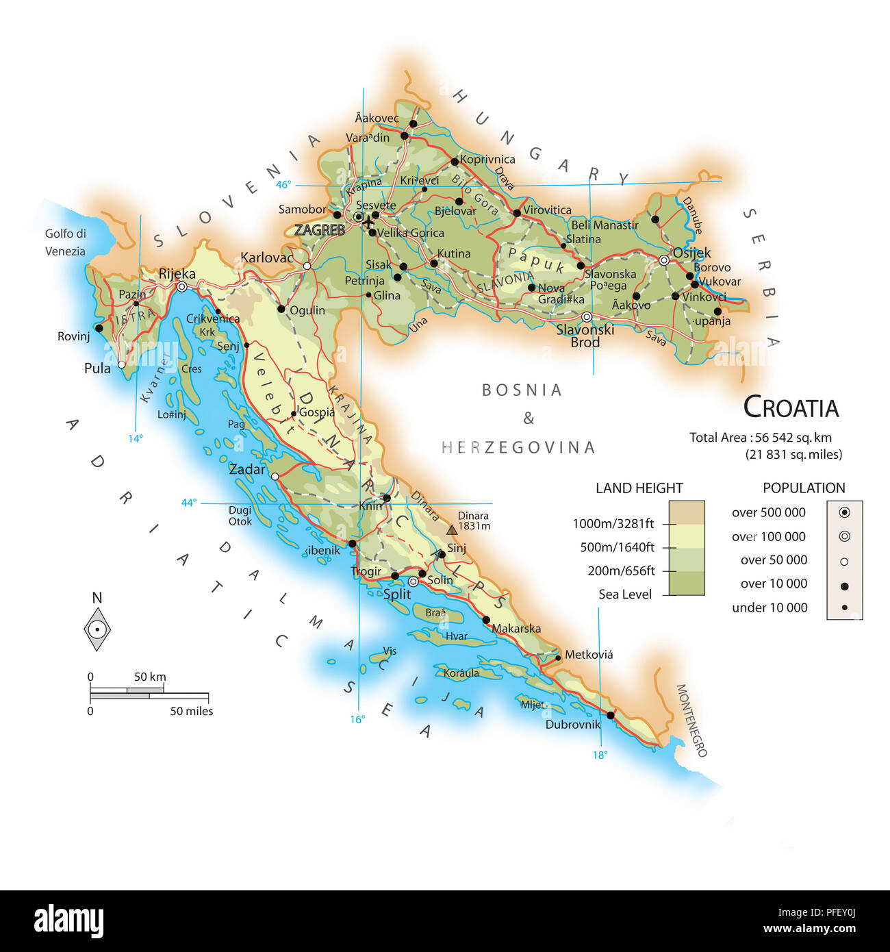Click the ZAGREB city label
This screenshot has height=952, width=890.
320,230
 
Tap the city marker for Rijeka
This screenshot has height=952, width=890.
181,287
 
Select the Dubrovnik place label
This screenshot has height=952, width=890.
572,724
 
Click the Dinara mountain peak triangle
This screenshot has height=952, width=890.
452,529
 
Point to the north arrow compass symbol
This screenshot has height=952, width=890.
97,629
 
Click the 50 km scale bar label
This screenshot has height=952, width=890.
149,677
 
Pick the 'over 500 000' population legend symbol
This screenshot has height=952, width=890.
844,512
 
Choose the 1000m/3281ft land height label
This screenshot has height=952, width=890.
613,524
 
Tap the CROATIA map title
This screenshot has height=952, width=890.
791,408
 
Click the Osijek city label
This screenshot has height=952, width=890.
691,253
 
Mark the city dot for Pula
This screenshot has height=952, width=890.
122,364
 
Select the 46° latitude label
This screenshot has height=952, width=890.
283,184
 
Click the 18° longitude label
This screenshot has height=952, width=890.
600,755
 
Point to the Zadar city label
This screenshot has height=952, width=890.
246,469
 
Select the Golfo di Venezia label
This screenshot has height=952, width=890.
65,242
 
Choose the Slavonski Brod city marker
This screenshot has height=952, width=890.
587,316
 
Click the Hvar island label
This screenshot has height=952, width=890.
457,636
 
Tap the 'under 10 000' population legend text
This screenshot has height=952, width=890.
770,607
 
